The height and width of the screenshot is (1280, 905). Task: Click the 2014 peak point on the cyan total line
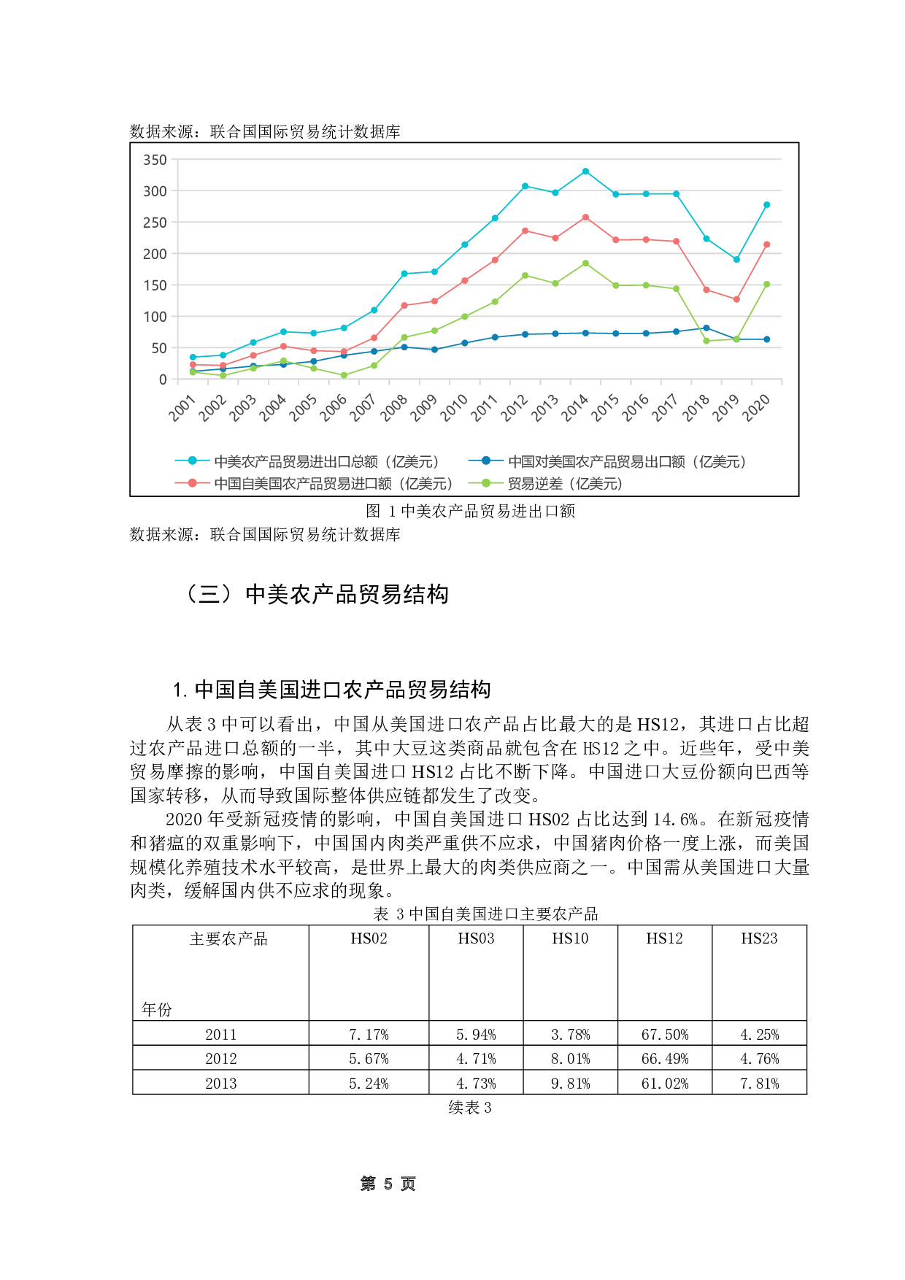(x=585, y=171)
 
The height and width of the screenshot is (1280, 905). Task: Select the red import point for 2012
(x=525, y=231)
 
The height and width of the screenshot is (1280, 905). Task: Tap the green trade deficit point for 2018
(x=706, y=341)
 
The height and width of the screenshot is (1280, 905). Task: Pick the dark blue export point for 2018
(x=706, y=328)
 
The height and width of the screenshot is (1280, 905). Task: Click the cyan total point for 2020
(x=766, y=205)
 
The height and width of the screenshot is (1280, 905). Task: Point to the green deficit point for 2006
(x=344, y=375)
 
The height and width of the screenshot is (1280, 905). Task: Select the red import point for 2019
(x=736, y=299)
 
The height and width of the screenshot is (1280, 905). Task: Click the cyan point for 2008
(x=404, y=274)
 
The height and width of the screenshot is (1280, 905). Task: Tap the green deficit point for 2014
(x=585, y=263)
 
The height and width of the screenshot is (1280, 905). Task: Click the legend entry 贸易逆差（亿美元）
(x=565, y=483)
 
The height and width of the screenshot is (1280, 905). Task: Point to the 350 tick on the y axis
(x=155, y=160)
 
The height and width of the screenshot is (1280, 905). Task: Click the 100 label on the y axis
(x=155, y=317)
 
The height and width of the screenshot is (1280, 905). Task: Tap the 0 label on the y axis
(x=162, y=379)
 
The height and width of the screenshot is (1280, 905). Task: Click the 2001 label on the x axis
(x=182, y=408)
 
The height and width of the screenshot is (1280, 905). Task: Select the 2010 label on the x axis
(x=454, y=408)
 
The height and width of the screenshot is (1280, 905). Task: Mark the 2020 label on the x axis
(x=756, y=408)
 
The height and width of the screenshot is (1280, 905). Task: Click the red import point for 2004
(x=283, y=346)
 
